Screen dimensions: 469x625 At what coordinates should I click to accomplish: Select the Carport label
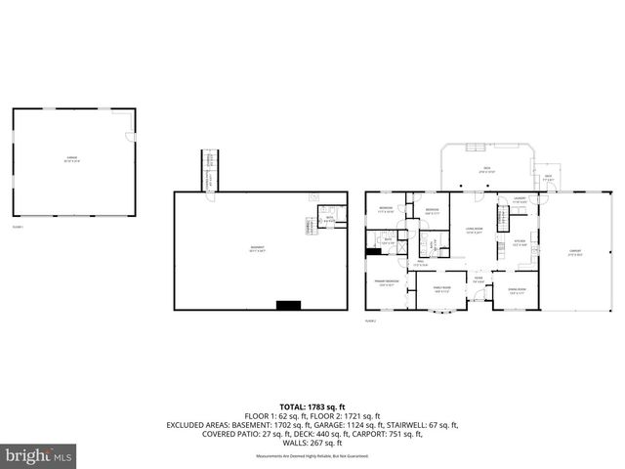[x=575, y=253]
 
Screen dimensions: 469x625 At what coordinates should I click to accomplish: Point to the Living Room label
[x=473, y=231]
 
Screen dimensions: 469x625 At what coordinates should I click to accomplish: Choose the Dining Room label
[x=518, y=290]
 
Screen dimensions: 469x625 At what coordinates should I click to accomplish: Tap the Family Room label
[x=439, y=289]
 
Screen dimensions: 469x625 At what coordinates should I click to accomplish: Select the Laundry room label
[x=519, y=200]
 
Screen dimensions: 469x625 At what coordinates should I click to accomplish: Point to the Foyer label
[x=479, y=279]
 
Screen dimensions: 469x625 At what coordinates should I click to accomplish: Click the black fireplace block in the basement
[x=288, y=306]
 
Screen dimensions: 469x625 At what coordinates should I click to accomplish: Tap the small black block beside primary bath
[x=372, y=251]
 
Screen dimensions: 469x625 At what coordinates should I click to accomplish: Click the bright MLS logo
[x=39, y=455]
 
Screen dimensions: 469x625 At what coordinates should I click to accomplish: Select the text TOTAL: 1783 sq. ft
[x=312, y=405]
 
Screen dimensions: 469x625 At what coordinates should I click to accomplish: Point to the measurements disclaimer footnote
[x=312, y=456]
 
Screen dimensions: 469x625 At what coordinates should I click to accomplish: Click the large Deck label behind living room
[x=485, y=170]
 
